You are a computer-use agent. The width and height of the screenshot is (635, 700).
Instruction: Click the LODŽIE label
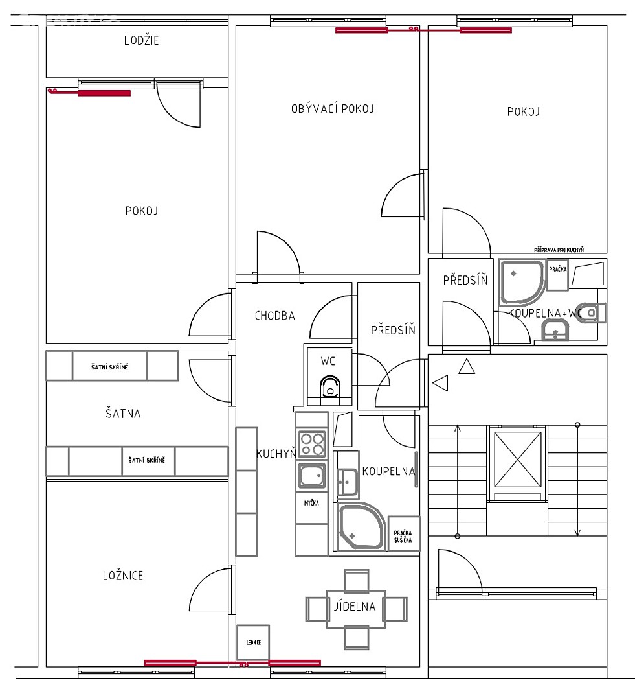click(141, 40)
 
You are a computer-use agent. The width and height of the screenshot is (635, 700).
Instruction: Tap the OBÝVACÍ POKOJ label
click(332, 108)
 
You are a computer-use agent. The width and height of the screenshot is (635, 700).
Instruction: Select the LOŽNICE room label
click(122, 576)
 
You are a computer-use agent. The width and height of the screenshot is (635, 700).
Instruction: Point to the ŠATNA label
click(122, 414)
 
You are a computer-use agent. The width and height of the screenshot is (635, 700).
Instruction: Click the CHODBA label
click(274, 316)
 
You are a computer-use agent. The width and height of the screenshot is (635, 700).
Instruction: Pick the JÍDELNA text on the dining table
click(355, 606)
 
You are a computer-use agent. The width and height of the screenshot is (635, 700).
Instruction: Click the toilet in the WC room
click(330, 386)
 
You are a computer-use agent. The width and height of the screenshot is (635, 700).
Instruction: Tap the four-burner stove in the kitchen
click(312, 444)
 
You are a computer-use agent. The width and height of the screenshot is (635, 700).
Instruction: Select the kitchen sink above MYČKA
click(312, 476)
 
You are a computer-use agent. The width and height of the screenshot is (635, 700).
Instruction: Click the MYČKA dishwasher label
click(311, 503)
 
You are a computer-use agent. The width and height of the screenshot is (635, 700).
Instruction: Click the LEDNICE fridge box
click(253, 642)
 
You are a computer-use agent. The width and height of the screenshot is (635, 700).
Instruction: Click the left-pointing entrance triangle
click(441, 383)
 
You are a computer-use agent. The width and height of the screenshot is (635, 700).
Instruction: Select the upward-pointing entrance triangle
click(467, 366)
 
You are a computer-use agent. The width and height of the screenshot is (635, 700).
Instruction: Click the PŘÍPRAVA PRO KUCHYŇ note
click(559, 250)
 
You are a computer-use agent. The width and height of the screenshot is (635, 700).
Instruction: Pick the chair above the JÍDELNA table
click(357, 580)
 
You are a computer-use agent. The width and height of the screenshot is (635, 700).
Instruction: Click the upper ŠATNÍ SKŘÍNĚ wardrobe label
click(109, 367)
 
